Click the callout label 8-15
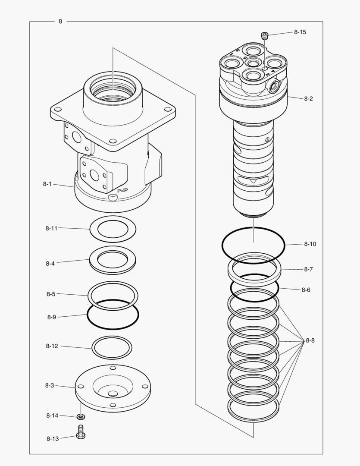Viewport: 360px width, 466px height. tap(300, 32)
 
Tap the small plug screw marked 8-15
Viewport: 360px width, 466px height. tap(264, 35)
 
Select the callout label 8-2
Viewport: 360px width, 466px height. tap(308, 98)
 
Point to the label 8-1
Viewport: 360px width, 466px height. tap(47, 184)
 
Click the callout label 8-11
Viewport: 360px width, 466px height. tap(51, 228)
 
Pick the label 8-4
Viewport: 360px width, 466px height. tap(50, 263)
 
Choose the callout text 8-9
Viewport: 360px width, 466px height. tap(51, 317)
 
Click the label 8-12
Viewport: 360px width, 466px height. tap(52, 346)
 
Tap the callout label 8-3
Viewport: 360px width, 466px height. tap(50, 385)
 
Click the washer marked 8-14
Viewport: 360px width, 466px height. tap(81, 416)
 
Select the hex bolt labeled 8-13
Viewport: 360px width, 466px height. tap(81, 432)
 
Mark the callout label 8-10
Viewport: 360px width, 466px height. tap(310, 244)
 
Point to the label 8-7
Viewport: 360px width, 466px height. tap(308, 269)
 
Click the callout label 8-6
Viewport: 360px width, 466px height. tap(306, 290)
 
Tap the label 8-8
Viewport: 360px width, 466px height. tap(310, 340)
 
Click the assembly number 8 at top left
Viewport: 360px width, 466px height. tap(60, 21)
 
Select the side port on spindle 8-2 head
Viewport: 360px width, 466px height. tap(273, 87)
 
